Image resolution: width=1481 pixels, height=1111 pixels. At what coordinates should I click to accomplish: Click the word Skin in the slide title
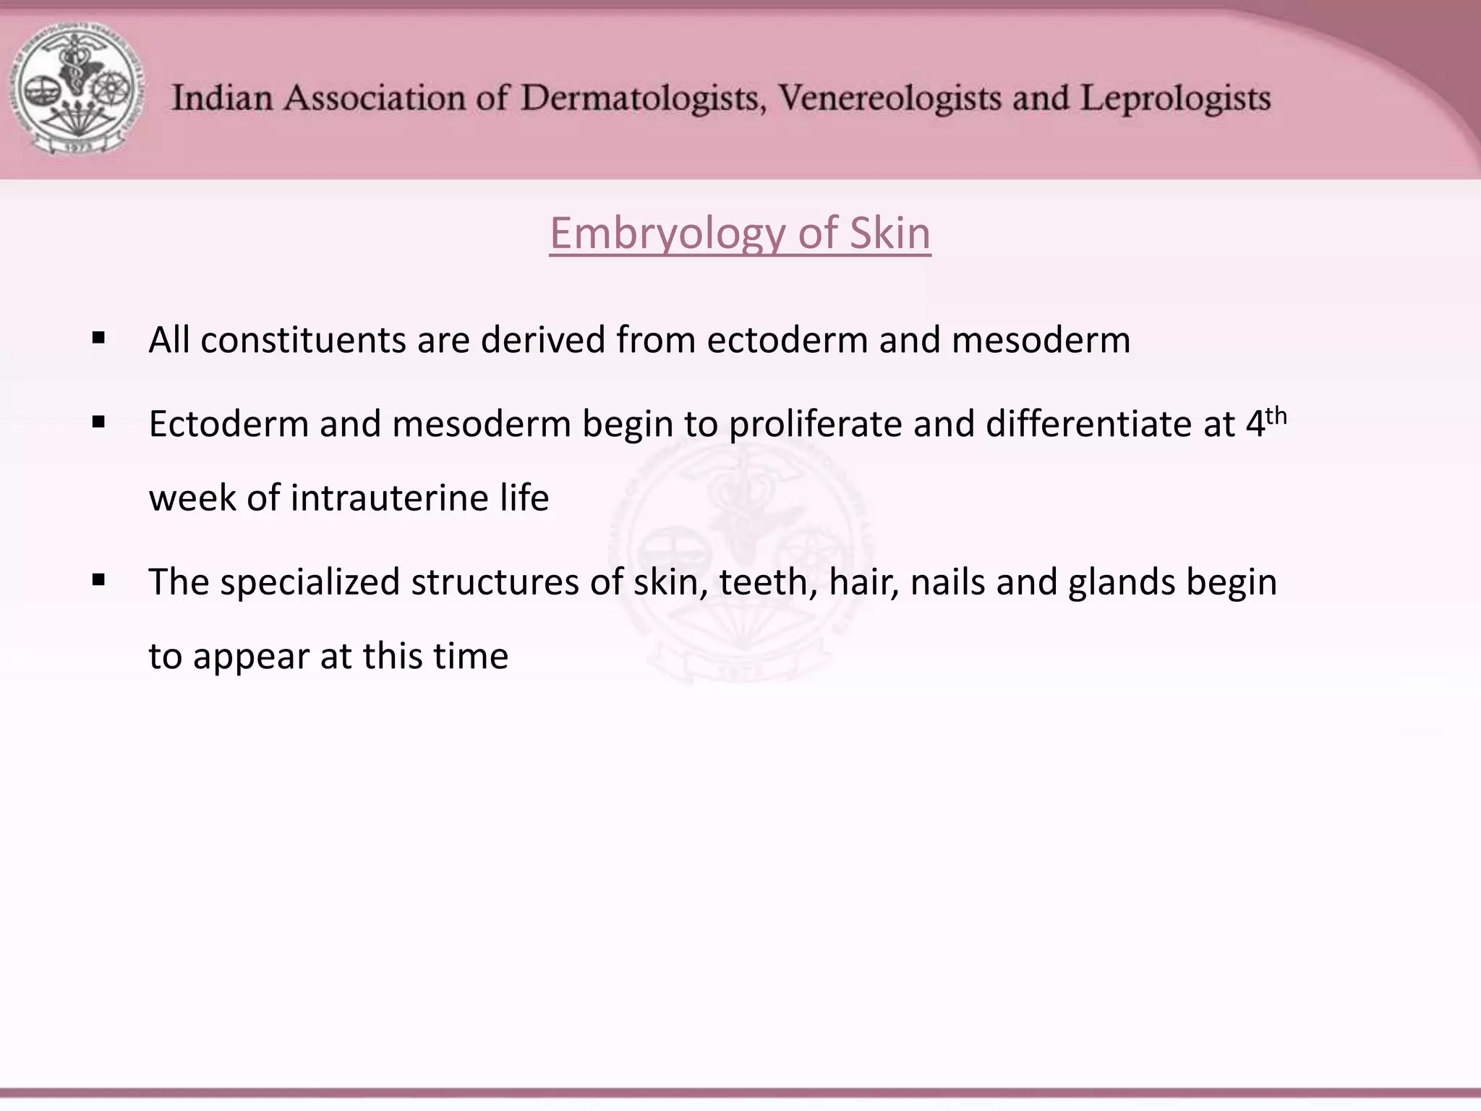click(x=889, y=233)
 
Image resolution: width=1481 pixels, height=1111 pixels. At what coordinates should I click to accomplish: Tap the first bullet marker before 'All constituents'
click(x=99, y=339)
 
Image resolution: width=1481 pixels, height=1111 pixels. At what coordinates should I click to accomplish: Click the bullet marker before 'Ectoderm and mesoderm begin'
click(x=99, y=422)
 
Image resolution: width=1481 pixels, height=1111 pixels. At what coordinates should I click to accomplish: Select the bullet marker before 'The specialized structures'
click(x=99, y=580)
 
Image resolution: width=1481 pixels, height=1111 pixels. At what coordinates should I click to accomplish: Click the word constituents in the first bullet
click(x=303, y=340)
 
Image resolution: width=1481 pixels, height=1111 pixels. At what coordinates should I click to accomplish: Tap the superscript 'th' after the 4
click(x=1277, y=417)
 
